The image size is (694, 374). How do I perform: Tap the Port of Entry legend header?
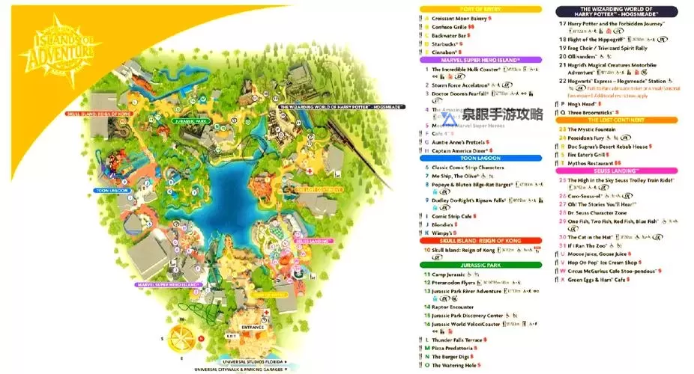coord(480,9)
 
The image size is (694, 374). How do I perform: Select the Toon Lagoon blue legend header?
coord(480,159)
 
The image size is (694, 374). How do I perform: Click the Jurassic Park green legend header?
coord(480,265)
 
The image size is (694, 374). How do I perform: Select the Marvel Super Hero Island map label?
coord(168,284)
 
